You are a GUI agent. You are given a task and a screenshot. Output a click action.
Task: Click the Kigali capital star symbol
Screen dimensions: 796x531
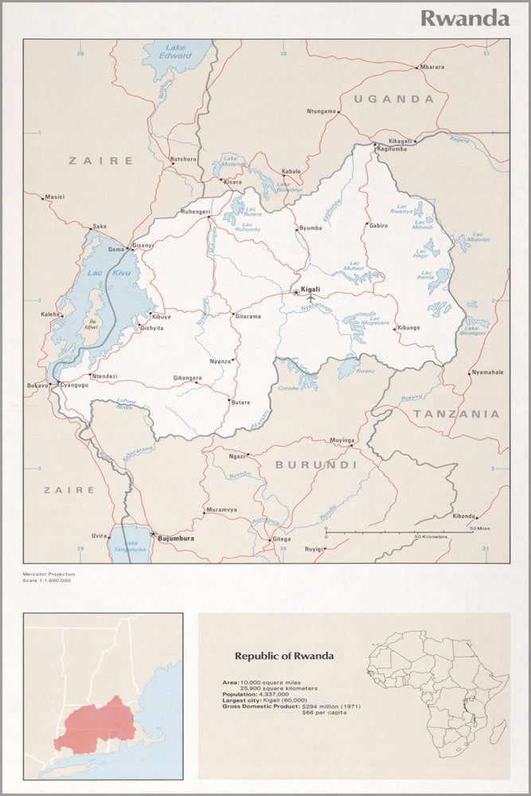point(296,293)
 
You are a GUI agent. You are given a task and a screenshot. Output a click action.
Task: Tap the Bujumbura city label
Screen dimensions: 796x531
point(176,539)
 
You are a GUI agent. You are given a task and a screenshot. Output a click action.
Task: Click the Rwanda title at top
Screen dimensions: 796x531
point(465,18)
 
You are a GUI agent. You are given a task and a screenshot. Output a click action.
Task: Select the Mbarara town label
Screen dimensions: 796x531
point(432,67)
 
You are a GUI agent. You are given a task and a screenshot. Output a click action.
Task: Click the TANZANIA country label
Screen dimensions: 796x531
point(456,414)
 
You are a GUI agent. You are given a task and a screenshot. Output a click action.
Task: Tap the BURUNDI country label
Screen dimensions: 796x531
point(316,464)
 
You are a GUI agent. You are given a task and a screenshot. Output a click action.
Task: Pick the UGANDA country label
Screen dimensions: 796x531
point(394,99)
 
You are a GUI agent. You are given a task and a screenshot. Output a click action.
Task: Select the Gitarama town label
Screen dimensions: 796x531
point(248,316)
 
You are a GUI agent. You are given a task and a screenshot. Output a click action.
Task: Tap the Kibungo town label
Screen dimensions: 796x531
point(408,328)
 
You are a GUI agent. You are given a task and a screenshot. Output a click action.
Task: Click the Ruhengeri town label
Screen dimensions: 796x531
point(195,211)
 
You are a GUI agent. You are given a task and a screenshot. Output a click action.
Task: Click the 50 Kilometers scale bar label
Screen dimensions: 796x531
point(431,537)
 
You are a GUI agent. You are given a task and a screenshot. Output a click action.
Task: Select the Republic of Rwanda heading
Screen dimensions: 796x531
point(284,656)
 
